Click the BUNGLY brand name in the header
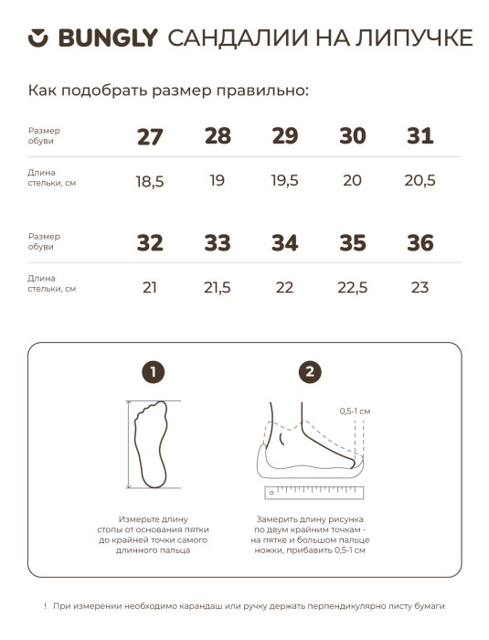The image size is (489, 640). pos(108,38)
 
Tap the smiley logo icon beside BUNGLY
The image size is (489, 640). pos(38,38)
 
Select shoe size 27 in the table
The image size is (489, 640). pos(150,137)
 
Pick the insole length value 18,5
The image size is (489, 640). pos(150,181)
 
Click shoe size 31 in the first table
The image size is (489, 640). pos(420,136)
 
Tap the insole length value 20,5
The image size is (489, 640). pos(420,180)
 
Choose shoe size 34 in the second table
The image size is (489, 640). pos(285,243)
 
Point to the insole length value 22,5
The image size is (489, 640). pos(352,288)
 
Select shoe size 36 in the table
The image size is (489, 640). pos(420,243)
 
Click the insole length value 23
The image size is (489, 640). pos(420,287)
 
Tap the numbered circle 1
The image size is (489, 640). pos(153,372)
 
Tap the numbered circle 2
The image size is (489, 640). pos(310,372)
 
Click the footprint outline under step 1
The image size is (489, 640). pos(151,444)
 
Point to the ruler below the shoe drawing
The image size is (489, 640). pos(314,493)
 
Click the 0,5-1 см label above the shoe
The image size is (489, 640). pos(355,411)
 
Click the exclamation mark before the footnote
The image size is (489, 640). pos(46,606)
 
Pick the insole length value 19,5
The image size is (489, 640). pos(285,180)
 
